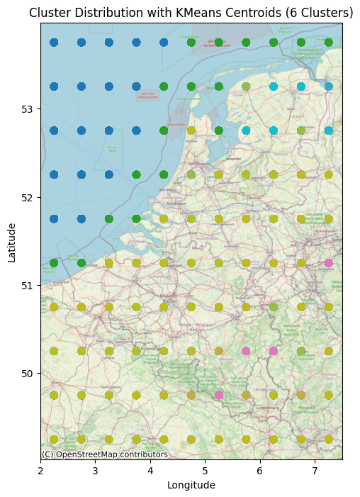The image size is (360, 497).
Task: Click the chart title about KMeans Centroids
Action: [191, 13]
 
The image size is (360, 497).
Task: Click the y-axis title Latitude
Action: [12, 241]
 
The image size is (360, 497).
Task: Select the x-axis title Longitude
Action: [191, 485]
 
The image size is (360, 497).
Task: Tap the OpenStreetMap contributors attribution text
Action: [105, 454]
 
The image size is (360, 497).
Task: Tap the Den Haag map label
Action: [167, 190]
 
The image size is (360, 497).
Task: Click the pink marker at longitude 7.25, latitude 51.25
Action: [328, 263]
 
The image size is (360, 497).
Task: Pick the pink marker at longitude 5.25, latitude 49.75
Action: [218, 395]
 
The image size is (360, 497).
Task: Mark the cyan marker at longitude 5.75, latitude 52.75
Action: [246, 130]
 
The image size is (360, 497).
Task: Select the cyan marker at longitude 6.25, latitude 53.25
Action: [274, 86]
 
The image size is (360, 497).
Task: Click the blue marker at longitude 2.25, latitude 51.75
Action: [54, 219]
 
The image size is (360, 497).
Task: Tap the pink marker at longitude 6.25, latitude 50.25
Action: [274, 351]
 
